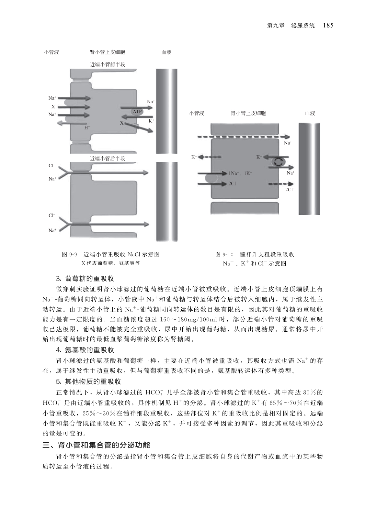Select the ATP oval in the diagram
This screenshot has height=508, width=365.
pos(137,112)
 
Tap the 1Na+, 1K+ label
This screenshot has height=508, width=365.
pos(240,173)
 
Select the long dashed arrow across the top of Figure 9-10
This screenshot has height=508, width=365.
pos(249,137)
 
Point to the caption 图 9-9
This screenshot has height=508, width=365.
pos(69,254)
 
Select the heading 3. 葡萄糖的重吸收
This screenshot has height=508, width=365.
pos(85,278)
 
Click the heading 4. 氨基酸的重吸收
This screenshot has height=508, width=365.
pos(85,350)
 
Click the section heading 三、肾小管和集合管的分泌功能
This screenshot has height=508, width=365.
pos(97,445)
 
